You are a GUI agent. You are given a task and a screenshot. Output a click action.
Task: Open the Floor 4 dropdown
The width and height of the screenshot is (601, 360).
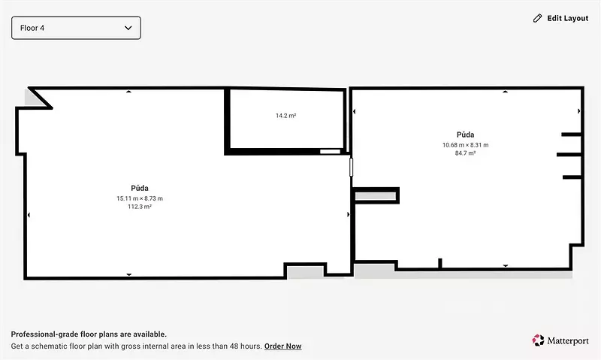click(76, 28)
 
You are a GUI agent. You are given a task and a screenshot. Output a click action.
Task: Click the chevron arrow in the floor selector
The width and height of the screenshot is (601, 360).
click(128, 28)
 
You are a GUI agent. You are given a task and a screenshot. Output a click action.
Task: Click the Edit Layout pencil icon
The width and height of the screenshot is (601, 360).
click(537, 18)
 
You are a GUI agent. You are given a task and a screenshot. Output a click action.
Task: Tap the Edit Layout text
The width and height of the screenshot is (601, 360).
click(568, 18)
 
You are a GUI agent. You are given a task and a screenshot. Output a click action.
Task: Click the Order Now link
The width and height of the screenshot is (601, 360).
click(283, 346)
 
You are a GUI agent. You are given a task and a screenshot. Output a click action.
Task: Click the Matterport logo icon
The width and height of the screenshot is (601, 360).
click(538, 340)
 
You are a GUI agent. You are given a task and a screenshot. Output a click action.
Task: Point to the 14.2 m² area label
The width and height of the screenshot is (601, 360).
click(286, 116)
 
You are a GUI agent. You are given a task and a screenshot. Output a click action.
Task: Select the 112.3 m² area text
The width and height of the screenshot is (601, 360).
click(140, 207)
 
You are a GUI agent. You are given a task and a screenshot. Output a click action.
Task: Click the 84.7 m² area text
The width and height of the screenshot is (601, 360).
click(465, 153)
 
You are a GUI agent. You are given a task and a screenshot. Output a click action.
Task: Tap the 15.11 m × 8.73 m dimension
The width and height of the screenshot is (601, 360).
click(140, 198)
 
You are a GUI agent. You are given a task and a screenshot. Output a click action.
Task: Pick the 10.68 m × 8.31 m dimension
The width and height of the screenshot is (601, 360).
click(465, 145)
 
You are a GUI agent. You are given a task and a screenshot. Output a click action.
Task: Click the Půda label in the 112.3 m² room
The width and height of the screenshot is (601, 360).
click(140, 188)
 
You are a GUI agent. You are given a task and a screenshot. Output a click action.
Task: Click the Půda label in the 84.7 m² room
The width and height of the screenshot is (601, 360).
click(465, 135)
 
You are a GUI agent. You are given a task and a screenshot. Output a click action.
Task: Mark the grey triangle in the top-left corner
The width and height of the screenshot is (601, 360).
click(32, 99)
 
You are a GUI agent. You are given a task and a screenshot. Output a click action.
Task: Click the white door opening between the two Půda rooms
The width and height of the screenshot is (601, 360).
click(351, 167)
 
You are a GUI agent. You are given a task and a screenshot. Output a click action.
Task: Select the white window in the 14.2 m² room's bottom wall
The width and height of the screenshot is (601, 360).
click(330, 152)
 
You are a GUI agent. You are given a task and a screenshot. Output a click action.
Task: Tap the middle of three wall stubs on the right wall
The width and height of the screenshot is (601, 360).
click(569, 155)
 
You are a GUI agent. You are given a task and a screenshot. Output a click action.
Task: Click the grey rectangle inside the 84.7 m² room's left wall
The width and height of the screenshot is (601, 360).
click(375, 196)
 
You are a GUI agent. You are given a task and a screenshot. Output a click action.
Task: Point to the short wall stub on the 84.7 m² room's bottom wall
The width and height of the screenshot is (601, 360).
click(440, 263)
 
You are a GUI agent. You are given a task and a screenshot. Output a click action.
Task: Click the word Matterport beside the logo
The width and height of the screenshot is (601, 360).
click(568, 340)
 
